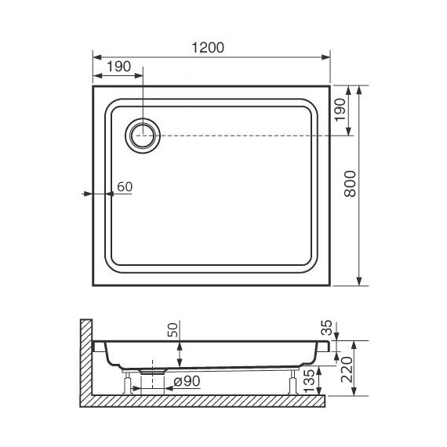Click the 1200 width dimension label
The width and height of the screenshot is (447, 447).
coord(208,46)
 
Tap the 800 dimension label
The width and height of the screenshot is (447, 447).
coord(351,185)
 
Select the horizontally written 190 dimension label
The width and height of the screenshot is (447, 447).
coord(118,67)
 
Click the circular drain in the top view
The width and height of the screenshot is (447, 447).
coord(144,135)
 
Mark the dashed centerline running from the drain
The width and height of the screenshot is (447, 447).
coord(251,136)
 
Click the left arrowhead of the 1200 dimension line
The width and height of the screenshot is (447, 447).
coord(96,57)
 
